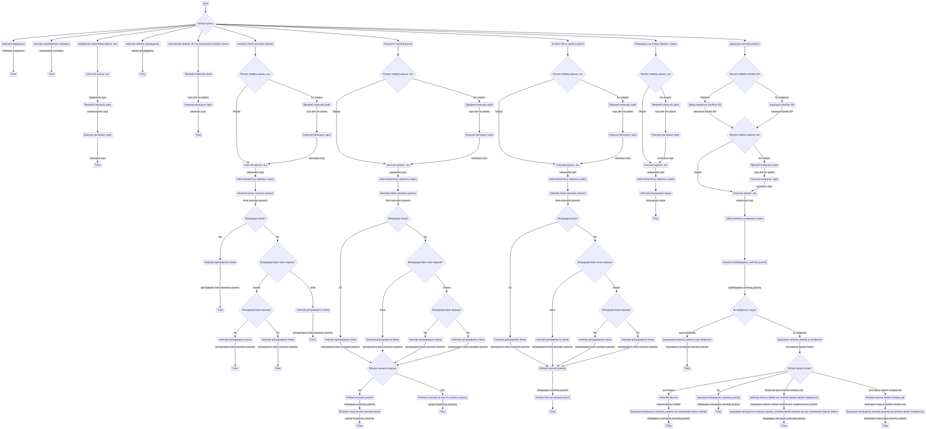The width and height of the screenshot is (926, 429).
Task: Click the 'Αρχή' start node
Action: [205, 3]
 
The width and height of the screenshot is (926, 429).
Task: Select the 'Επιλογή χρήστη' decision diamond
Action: [205, 23]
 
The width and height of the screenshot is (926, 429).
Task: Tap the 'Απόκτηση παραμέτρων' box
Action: [14, 44]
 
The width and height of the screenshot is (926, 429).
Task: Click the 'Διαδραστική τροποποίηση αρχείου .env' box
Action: [98, 44]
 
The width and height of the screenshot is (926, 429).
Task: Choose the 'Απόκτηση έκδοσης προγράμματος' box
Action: [142, 44]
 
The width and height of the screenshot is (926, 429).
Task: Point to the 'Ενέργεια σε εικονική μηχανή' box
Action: [398, 44]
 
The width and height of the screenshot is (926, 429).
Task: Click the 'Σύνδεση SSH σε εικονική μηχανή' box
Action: [568, 44]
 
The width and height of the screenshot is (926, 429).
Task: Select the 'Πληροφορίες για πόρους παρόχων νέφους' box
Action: [656, 44]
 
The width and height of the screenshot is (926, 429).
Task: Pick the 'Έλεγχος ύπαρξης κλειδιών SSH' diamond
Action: [745, 74]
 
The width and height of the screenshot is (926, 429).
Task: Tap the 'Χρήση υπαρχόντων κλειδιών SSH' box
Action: [705, 105]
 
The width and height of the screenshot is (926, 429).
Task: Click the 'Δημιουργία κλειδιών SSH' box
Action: [782, 105]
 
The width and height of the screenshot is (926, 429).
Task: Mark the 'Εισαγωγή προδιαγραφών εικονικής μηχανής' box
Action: [745, 262]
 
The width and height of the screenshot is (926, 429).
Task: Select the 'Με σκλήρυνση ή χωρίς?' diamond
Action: [745, 310]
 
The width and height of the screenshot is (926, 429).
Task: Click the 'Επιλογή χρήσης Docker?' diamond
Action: [800, 368]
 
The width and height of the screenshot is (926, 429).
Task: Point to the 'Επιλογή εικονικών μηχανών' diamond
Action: [383, 368]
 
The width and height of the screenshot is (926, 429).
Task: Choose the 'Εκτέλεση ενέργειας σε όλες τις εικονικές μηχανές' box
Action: [443, 397]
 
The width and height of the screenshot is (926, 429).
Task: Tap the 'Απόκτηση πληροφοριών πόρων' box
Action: [656, 193]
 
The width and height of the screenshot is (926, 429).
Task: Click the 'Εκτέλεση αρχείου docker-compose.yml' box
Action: [885, 397]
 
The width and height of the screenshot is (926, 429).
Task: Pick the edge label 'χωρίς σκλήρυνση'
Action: [687, 333]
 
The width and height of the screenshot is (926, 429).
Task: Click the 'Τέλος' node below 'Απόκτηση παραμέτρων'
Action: [14, 74]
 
